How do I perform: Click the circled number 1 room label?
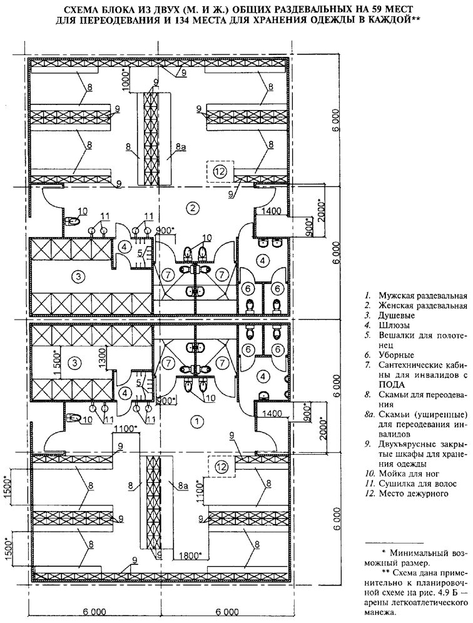tap(195, 422)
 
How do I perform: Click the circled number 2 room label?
tap(193, 207)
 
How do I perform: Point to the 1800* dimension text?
tap(189, 555)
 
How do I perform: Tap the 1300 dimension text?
tap(103, 357)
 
